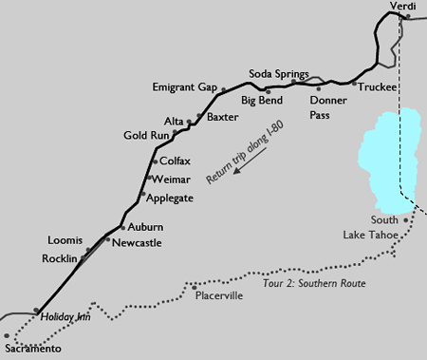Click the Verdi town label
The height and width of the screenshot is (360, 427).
point(403,7)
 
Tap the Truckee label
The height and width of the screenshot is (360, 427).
point(377,85)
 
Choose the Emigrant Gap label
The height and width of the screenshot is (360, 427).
point(185,87)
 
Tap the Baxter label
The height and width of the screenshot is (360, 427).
point(222,117)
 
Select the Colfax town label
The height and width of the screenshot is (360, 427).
point(176,162)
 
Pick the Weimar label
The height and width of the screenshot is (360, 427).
point(173,179)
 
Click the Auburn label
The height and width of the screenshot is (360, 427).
point(145,228)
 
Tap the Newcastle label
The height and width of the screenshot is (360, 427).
point(137,243)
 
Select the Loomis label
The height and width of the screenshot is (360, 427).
point(65,239)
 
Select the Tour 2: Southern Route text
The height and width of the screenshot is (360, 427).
point(312,283)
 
